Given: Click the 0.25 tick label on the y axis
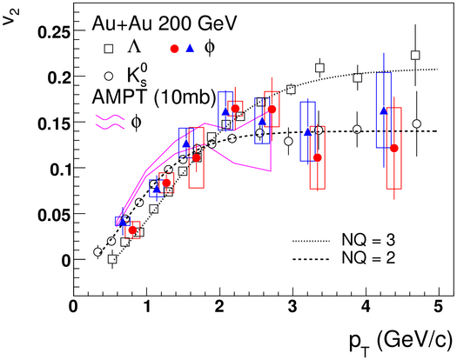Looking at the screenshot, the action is [54, 31].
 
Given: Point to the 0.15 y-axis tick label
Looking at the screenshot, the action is [54, 123].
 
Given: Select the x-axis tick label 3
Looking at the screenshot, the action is [292, 307].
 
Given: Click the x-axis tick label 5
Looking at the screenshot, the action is [439, 307].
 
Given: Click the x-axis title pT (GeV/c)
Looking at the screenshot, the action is [401, 343].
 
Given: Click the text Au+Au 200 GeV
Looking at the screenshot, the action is [165, 23].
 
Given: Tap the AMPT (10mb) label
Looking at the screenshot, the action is [154, 97].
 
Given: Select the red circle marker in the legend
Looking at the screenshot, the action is [174, 49].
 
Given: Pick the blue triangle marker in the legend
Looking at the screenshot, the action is [190, 49].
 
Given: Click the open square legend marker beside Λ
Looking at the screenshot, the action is [109, 49].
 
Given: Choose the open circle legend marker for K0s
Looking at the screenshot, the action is [109, 77].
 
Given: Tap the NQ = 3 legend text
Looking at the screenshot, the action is [368, 240].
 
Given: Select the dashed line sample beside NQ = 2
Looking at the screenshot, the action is [311, 259].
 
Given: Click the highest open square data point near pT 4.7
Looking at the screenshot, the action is [415, 55].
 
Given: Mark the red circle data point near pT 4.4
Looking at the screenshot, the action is [394, 148].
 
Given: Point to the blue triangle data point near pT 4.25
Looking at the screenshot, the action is [384, 110].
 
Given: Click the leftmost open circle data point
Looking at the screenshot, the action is [97, 252].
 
